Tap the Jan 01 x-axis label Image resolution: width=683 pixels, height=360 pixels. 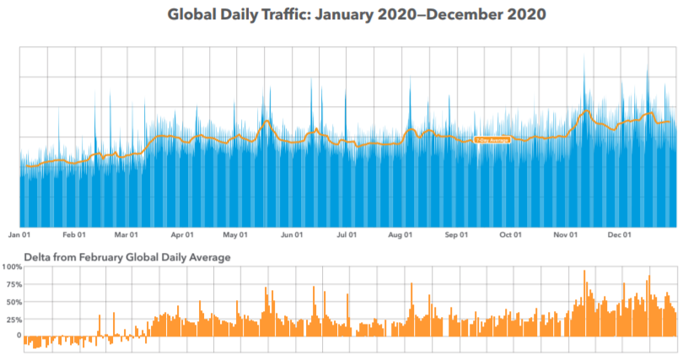(19, 235)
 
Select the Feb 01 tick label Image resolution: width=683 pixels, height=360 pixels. (75, 235)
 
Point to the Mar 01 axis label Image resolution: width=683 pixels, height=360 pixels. (126, 235)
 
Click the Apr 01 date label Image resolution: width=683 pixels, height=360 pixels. (182, 235)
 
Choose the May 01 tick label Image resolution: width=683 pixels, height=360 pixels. (236, 235)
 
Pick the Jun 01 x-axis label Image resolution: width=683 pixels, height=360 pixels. (292, 235)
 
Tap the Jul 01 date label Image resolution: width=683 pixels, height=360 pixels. (346, 235)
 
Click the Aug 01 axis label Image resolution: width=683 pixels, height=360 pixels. (401, 235)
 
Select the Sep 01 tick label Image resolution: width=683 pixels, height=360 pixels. (455, 235)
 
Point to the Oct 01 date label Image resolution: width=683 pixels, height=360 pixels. (510, 235)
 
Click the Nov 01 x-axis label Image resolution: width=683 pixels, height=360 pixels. (565, 235)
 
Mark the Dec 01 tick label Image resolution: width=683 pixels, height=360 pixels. (620, 235)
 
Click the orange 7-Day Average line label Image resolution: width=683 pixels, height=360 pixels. (492, 139)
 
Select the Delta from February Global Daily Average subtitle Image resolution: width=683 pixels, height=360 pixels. (126, 256)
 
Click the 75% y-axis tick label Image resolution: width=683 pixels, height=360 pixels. (13, 284)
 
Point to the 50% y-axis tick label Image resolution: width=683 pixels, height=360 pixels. (13, 301)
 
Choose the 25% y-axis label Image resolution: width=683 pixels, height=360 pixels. (13, 319)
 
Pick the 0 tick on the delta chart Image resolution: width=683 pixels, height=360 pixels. (18, 336)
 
